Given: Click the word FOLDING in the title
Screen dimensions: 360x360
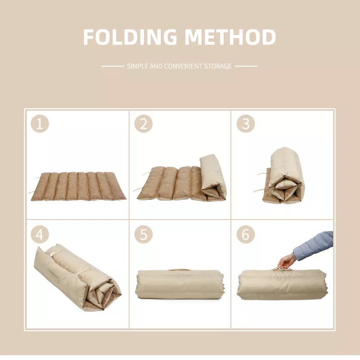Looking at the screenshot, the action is [x=130, y=37].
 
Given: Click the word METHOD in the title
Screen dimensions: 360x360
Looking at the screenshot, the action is [x=230, y=37].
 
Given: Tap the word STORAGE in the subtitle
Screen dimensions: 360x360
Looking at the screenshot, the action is [x=218, y=66].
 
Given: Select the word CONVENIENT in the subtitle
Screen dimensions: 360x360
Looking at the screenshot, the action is [x=183, y=66].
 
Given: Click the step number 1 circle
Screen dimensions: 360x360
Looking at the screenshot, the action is [x=40, y=124].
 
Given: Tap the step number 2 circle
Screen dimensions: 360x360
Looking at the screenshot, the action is [x=144, y=124].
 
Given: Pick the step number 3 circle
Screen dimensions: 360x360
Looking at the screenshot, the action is [x=246, y=124].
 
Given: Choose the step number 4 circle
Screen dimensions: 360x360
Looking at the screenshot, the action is [x=40, y=234].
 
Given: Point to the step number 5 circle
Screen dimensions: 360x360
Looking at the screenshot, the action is [x=144, y=234].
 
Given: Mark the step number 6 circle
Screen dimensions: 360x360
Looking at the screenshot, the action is [x=246, y=234].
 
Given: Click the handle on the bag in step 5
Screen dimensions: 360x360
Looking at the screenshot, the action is [x=179, y=270].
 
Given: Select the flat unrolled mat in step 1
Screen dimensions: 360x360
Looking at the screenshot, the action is [x=78, y=186].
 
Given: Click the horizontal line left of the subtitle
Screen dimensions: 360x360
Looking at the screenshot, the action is [x=113, y=66].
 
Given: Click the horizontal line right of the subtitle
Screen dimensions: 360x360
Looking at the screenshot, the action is [x=246, y=66].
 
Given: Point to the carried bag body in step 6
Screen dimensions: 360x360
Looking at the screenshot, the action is [x=282, y=285].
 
